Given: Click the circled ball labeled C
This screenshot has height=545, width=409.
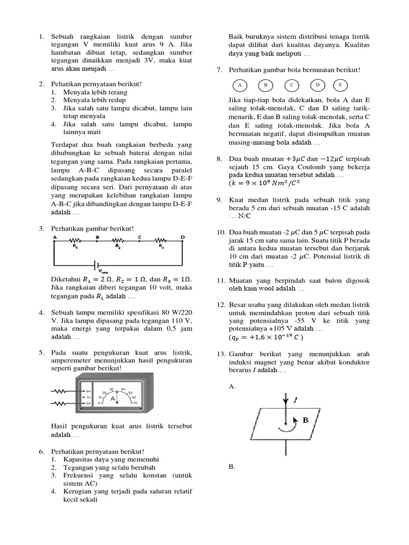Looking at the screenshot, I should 292,85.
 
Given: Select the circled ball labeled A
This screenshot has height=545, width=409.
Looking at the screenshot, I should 240,85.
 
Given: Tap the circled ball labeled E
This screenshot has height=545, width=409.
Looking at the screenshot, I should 340,85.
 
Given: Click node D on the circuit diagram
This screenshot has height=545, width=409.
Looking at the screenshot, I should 183,237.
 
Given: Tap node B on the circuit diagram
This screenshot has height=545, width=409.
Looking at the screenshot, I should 97,237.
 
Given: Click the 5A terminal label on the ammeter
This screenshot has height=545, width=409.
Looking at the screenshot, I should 88,391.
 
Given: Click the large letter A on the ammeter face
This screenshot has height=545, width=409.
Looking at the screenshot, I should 113,398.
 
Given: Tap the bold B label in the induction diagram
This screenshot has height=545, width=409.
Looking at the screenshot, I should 306,420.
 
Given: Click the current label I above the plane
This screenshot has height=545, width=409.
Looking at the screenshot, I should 296,399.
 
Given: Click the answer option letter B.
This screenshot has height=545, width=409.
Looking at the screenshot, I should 232,467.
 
